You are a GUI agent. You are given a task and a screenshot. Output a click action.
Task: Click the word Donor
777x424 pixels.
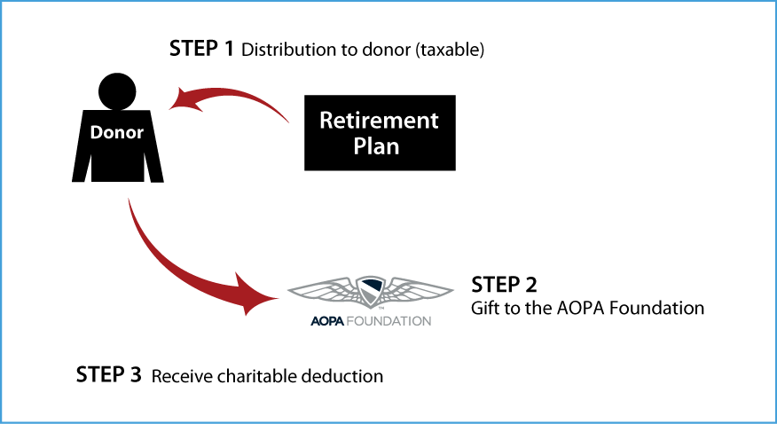tap(116, 133)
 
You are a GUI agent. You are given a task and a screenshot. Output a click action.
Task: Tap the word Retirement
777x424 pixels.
tap(379, 120)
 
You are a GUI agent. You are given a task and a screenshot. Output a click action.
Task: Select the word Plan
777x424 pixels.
tap(376, 146)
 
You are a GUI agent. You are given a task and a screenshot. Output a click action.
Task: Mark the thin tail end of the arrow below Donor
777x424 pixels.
tap(129, 202)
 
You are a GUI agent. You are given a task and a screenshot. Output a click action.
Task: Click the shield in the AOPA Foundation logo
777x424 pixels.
tap(370, 289)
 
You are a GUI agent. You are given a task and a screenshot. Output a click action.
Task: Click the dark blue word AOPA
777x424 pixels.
tap(326, 320)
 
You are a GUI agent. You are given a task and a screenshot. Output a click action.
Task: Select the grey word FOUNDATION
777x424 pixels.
tap(387, 320)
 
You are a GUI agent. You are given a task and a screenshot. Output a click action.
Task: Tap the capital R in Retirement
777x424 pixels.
tap(326, 120)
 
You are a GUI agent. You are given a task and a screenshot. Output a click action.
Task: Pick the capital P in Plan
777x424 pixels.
tap(360, 146)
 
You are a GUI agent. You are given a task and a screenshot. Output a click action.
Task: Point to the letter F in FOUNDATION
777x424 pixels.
tap(347, 320)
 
